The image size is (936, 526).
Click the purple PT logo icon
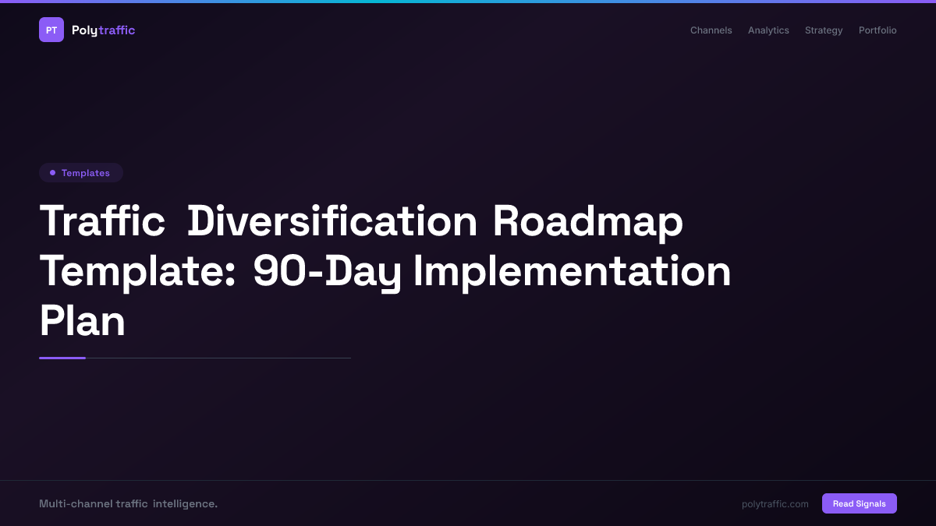pyautogui.click(x=51, y=30)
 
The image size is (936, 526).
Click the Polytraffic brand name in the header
pyautogui.click(x=103, y=30)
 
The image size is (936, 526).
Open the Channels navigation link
pyautogui.click(x=711, y=30)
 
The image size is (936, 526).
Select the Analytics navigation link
pyautogui.click(x=768, y=30)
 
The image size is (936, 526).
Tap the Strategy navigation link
pyautogui.click(x=824, y=30)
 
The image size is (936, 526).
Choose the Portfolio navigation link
pyautogui.click(x=877, y=30)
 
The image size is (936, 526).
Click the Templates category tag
pyautogui.click(x=81, y=173)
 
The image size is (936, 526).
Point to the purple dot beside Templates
pyautogui.click(x=52, y=173)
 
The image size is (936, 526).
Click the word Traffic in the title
pyautogui.click(x=102, y=221)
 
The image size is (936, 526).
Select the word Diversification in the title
pyautogui.click(x=332, y=221)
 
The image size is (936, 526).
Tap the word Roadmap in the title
pyautogui.click(x=587, y=221)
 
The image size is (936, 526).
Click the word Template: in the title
pyautogui.click(x=137, y=271)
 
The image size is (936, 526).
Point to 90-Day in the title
pyautogui.click(x=327, y=271)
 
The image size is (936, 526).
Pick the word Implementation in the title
pyautogui.click(x=572, y=271)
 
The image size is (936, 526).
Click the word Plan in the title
pyautogui.click(x=82, y=321)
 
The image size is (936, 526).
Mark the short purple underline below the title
pyautogui.click(x=62, y=358)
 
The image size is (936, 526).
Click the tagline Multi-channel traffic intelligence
pyautogui.click(x=128, y=504)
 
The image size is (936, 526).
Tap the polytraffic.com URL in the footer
pyautogui.click(x=775, y=504)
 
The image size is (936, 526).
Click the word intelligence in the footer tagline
pyautogui.click(x=185, y=504)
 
